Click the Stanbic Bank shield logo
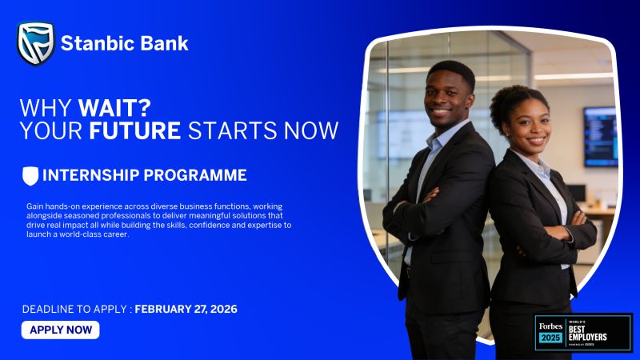pyautogui.click(x=35, y=43)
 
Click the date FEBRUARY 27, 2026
pyautogui.click(x=186, y=309)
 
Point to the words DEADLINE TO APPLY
pyautogui.click(x=76, y=309)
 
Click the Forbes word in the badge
pyautogui.click(x=550, y=326)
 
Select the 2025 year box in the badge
pyautogui.click(x=550, y=338)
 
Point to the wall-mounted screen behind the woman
pyautogui.click(x=600, y=136)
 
